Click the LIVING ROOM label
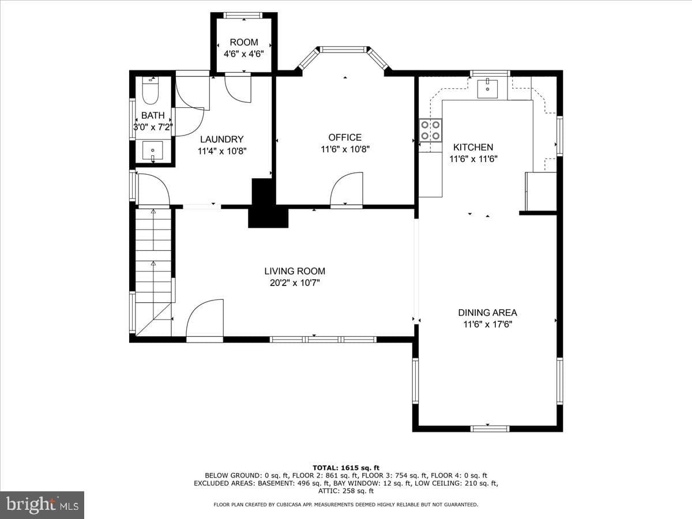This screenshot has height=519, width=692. coord(295,271)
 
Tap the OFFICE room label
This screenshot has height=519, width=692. coord(345,137)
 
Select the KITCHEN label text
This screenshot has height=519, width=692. coord(473,147)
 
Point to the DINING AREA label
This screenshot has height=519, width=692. coord(487,313)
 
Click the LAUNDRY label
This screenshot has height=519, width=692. coord(221,140)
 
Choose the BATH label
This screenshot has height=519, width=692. coord(153,115)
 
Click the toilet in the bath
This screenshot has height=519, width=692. coord(151,91)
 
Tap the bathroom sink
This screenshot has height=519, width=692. coord(153,151)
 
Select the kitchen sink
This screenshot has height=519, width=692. coord(487,89)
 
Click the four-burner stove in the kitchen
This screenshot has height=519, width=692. coord(430,130)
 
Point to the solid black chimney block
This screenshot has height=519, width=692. coord(268,203)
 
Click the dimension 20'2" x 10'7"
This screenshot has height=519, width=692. coord(295,283)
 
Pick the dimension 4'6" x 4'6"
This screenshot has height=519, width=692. coord(244,54)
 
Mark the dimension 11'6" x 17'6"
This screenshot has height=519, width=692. coord(488,324)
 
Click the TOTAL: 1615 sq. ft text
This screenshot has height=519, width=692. coord(346,468)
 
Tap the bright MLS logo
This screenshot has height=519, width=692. coord(42,505)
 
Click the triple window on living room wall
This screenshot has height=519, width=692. coord(323,340)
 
